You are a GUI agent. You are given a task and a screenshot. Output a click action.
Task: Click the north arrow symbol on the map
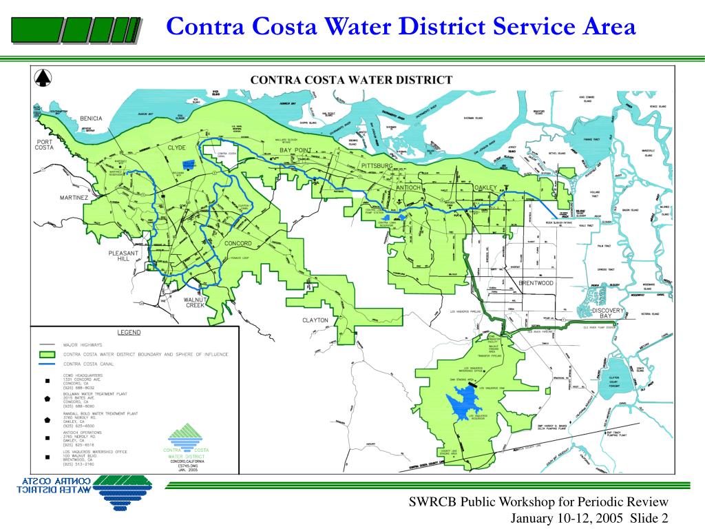click(43, 79)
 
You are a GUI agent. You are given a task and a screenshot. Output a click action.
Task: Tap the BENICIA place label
click(91, 118)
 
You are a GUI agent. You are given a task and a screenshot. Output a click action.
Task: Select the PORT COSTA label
click(48, 145)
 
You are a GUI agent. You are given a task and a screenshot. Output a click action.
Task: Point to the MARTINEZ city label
click(74, 198)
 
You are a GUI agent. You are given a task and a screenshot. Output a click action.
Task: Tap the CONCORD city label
click(238, 244)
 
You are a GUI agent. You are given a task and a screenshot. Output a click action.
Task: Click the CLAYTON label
click(315, 320)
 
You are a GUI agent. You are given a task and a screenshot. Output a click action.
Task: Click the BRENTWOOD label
click(536, 283)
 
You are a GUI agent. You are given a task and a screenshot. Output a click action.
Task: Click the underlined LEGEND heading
click(129, 332)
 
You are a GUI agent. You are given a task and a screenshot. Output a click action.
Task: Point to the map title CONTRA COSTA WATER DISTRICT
click(350, 80)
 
